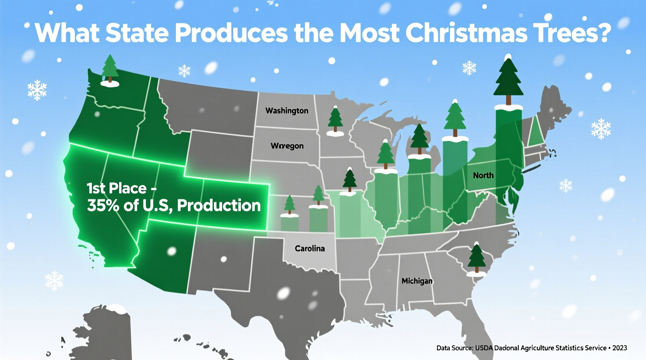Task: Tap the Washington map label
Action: click(x=287, y=111)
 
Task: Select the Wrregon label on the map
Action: click(x=287, y=146)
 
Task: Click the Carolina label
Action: click(x=309, y=248)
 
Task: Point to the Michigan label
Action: click(x=417, y=281)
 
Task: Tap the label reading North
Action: click(x=483, y=175)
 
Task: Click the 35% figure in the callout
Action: click(x=103, y=206)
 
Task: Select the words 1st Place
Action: click(x=116, y=189)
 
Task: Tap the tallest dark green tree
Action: click(x=508, y=80)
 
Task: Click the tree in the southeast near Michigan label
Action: click(x=476, y=258)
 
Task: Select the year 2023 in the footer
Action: click(x=620, y=348)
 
